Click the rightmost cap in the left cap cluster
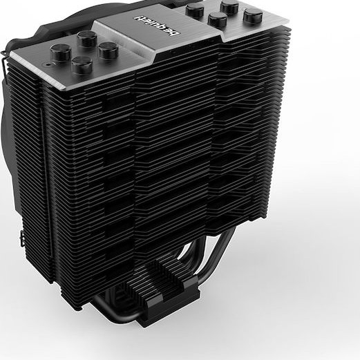[108, 50]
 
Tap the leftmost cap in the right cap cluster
[196, 10]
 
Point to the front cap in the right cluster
[217, 19]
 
